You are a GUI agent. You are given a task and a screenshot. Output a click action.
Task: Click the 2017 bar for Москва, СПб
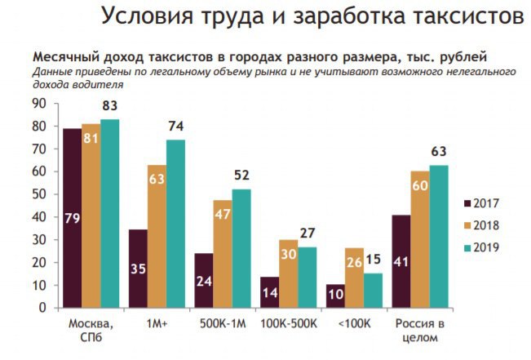[72, 218]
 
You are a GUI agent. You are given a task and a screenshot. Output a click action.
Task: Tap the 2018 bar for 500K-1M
[222, 254]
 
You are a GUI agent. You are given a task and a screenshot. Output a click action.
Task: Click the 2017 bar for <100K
[334, 296]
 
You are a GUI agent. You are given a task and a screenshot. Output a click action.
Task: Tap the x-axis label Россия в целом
[419, 331]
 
